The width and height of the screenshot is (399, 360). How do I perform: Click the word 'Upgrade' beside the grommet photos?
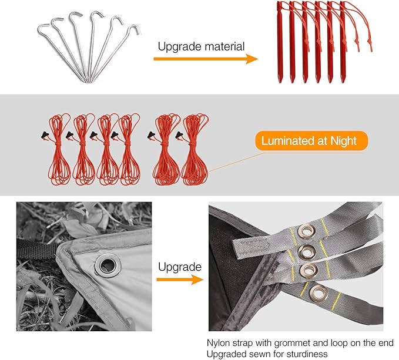(179, 267)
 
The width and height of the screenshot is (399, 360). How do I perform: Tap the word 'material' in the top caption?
(223, 46)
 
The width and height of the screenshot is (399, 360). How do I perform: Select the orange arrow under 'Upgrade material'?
(206, 59)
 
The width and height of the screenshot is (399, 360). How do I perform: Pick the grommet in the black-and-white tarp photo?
(106, 264)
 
